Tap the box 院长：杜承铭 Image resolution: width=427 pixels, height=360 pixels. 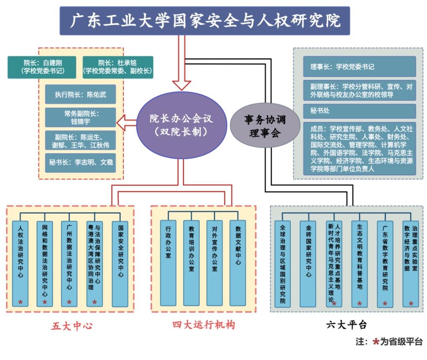point(118,67)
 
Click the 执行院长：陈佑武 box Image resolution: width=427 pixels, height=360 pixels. point(80,94)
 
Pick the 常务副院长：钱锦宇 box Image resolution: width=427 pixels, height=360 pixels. point(80,117)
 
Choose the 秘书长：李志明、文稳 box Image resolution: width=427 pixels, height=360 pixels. point(80,162)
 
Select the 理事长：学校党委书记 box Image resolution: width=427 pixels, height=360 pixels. point(359,66)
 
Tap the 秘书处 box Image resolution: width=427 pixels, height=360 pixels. point(359,111)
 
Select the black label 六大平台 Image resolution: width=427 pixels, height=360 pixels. point(346,325)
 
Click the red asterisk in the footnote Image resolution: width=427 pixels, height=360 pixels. point(376,342)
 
